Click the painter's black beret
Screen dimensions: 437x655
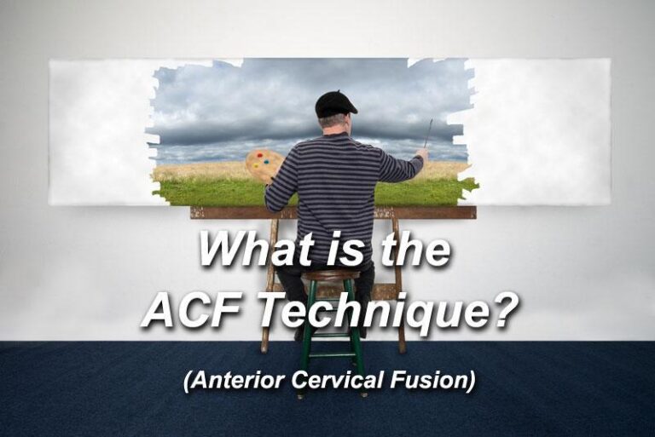pos(336,102)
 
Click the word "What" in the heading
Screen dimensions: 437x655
pos(247,250)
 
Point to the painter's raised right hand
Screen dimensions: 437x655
pos(421,154)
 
